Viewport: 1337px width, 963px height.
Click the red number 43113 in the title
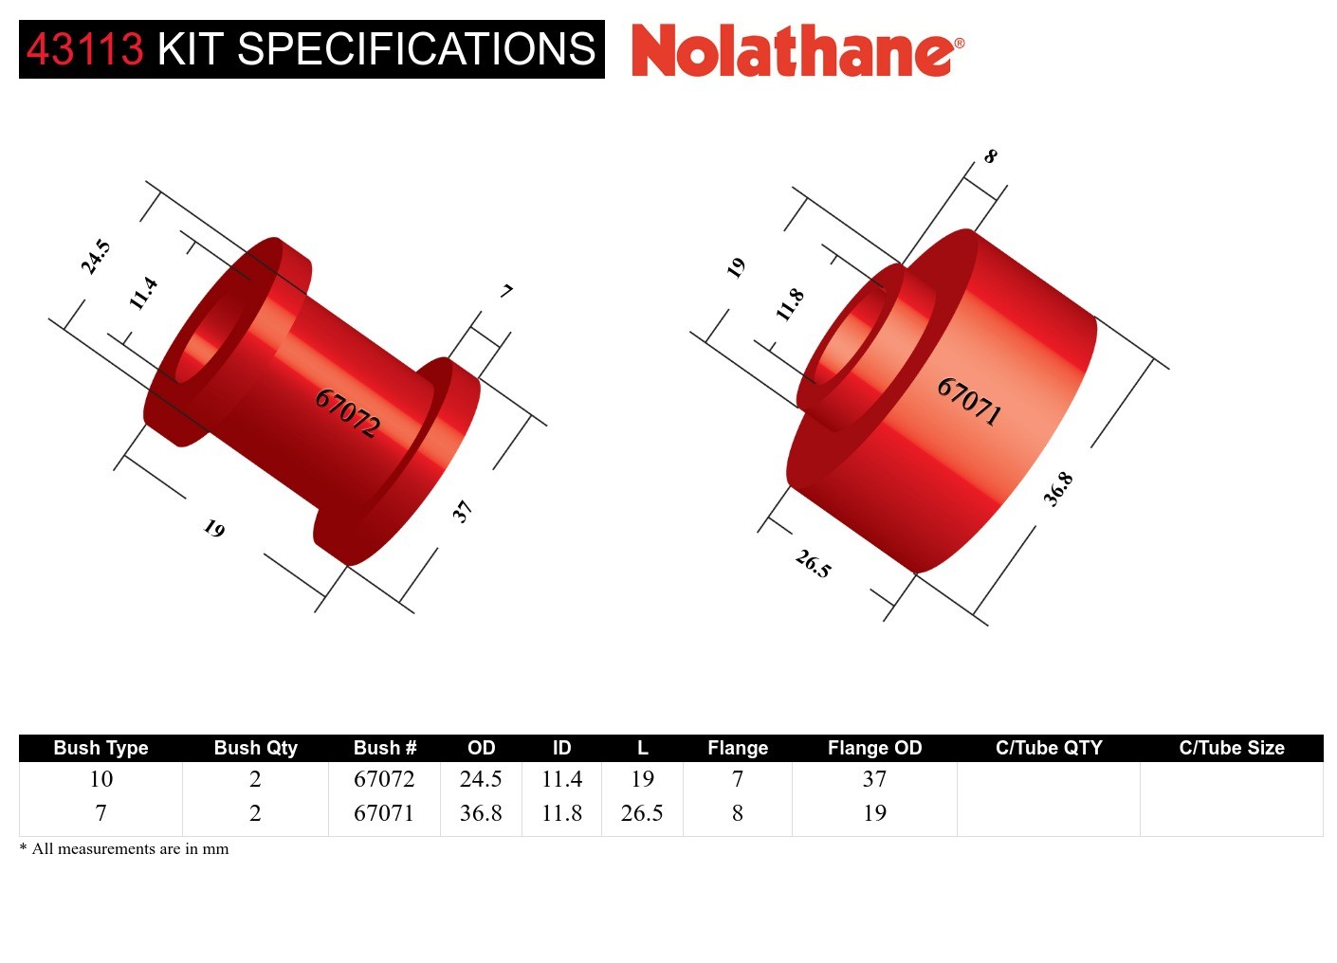tap(84, 49)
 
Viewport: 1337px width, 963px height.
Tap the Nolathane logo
tap(797, 51)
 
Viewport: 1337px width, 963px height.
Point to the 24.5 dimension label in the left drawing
tap(96, 257)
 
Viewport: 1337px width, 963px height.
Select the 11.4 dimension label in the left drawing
tap(143, 293)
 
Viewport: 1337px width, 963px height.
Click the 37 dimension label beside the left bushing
tap(462, 512)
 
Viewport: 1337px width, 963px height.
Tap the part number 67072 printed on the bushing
tap(348, 412)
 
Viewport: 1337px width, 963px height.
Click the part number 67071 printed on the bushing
tap(969, 401)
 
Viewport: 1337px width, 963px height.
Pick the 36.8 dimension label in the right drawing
tap(1058, 489)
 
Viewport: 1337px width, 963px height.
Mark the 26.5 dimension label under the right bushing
tap(814, 564)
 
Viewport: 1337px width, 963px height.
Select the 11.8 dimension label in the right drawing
tap(790, 304)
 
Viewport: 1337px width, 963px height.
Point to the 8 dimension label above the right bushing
tap(990, 156)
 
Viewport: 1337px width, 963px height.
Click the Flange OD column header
tap(874, 748)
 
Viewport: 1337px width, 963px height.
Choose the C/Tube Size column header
tap(1231, 748)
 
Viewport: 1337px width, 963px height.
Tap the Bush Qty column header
tap(255, 748)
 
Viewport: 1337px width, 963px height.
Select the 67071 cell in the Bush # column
tap(384, 813)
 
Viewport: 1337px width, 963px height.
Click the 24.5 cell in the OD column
tap(481, 779)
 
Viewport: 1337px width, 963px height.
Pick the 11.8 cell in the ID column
tap(561, 813)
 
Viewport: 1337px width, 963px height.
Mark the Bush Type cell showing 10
tap(101, 779)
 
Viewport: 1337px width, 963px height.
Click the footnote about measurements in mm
tap(124, 849)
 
